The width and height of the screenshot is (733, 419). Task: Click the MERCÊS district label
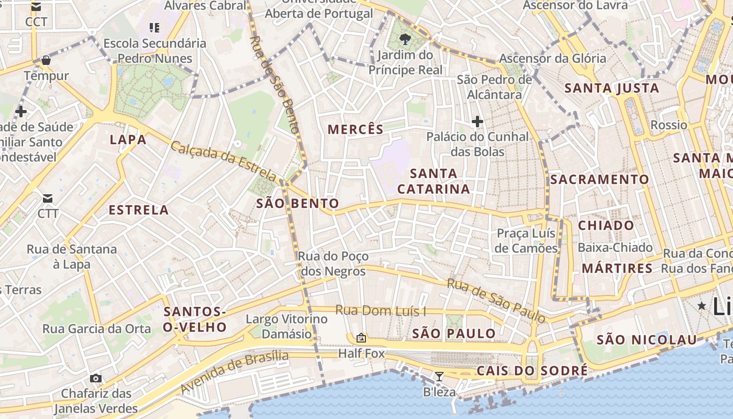pos(356,129)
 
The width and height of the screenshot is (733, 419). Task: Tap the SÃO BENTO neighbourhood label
pos(297,203)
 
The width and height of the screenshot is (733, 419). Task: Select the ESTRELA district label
pos(138,210)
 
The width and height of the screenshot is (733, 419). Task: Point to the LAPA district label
pos(128,139)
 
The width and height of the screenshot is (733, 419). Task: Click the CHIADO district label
pos(606,226)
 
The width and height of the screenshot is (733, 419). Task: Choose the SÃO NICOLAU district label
pos(647,339)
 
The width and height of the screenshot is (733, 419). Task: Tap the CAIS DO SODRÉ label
pos(532,371)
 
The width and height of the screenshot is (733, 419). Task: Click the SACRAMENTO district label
pos(599,180)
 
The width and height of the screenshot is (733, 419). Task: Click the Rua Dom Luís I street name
pos(380,311)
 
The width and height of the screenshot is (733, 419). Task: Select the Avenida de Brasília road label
pos(234,371)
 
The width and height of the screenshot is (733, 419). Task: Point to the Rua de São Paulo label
pos(496,300)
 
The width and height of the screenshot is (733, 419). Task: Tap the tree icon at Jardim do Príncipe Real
pos(404,38)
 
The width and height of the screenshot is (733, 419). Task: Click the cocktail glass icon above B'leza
pos(439,376)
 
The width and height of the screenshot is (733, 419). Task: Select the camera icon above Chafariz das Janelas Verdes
pos(95,378)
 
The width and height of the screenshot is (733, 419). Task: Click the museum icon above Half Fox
pos(361,338)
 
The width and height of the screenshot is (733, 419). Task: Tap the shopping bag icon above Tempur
pos(46,60)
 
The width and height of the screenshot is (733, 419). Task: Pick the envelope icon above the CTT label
pos(48,198)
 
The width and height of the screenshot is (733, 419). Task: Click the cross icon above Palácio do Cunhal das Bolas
pos(477,122)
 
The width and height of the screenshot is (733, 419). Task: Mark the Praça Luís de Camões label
pos(526,240)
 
